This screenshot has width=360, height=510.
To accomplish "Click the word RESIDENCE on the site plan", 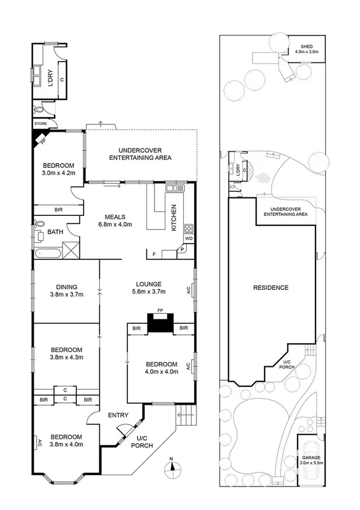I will point(270,287).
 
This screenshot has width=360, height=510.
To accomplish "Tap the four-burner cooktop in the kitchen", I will point(188,228).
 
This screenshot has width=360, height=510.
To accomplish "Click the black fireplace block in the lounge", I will point(160,324).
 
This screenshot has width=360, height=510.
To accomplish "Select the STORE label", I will point(40,124).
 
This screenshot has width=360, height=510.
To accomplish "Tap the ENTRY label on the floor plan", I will point(118,415).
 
